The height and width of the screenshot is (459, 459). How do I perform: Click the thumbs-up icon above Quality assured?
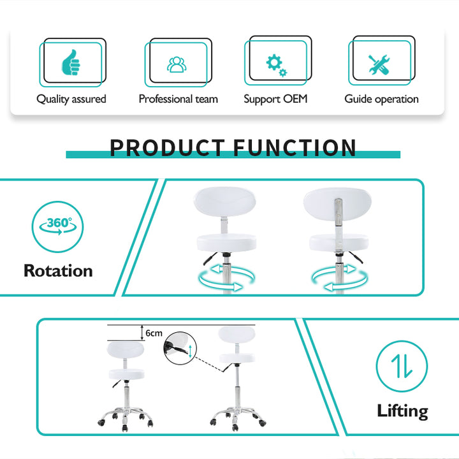click(x=71, y=62)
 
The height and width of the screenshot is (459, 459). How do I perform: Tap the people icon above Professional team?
click(x=177, y=64)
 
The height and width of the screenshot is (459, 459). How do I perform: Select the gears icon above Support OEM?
click(x=276, y=65)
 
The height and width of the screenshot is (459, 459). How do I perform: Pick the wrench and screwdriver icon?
click(x=379, y=64)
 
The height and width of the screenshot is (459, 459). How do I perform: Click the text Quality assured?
click(x=71, y=99)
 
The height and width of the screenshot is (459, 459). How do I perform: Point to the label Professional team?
click(x=178, y=99)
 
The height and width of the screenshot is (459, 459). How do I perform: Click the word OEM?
click(x=296, y=99)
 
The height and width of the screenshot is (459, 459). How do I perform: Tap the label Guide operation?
click(x=381, y=99)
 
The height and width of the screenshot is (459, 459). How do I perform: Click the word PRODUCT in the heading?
click(x=167, y=148)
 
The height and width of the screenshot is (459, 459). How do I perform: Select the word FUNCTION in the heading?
click(x=295, y=148)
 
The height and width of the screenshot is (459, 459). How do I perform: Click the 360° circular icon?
click(x=57, y=226)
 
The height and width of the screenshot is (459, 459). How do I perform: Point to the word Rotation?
click(x=58, y=270)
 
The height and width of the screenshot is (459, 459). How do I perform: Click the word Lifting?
click(x=402, y=411)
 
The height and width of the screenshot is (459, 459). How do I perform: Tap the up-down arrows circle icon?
click(x=402, y=366)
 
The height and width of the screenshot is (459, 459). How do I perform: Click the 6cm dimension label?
click(x=154, y=333)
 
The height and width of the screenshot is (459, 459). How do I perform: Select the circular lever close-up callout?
click(x=180, y=348)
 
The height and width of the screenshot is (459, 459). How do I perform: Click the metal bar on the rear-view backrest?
click(x=338, y=212)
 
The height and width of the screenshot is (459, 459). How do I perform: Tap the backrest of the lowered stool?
click(x=126, y=350)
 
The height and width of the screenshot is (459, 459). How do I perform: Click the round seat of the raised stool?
click(x=237, y=358)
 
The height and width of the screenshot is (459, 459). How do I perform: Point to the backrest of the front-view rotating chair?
click(x=225, y=202)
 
